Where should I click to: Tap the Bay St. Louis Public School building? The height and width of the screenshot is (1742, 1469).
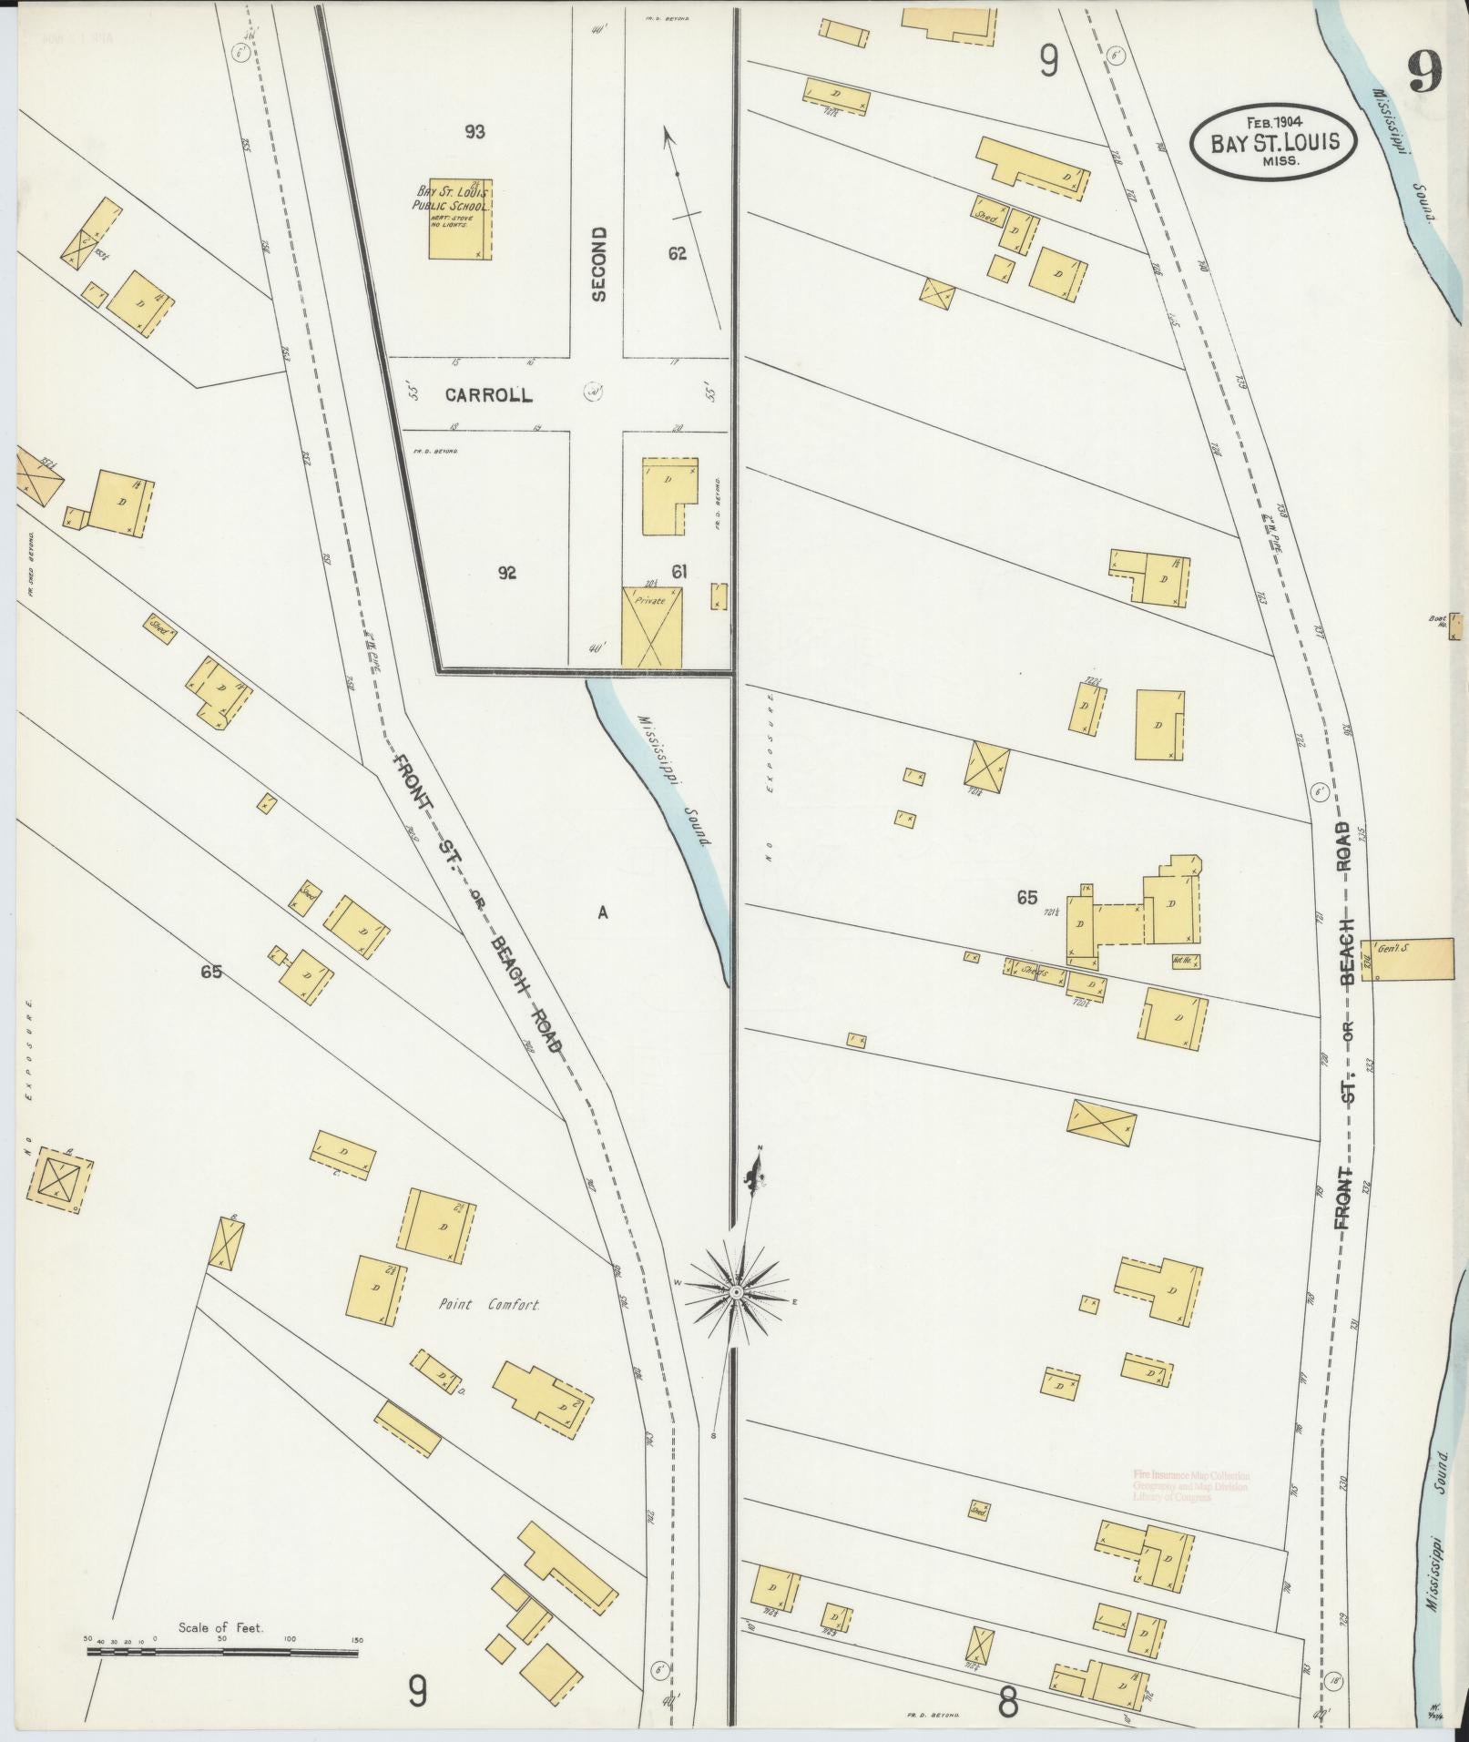(460, 219)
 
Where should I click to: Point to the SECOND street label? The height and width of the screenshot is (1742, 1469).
(598, 264)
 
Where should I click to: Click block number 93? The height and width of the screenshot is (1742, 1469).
(474, 132)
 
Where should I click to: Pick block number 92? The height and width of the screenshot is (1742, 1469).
(507, 573)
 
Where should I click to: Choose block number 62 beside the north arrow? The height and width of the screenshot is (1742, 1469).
(677, 253)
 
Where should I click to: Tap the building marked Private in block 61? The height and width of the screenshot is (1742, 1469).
(652, 627)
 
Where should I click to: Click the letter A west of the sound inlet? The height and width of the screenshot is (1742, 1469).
(602, 912)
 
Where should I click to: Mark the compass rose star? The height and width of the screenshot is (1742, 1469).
(736, 1291)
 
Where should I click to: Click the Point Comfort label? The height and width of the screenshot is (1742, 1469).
(489, 1305)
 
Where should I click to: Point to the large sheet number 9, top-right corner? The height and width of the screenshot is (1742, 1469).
(1424, 71)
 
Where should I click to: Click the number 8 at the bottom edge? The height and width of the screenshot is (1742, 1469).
(1007, 1701)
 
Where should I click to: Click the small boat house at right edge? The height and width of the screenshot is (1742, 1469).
(1456, 625)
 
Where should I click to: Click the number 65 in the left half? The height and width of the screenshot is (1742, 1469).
(211, 972)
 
